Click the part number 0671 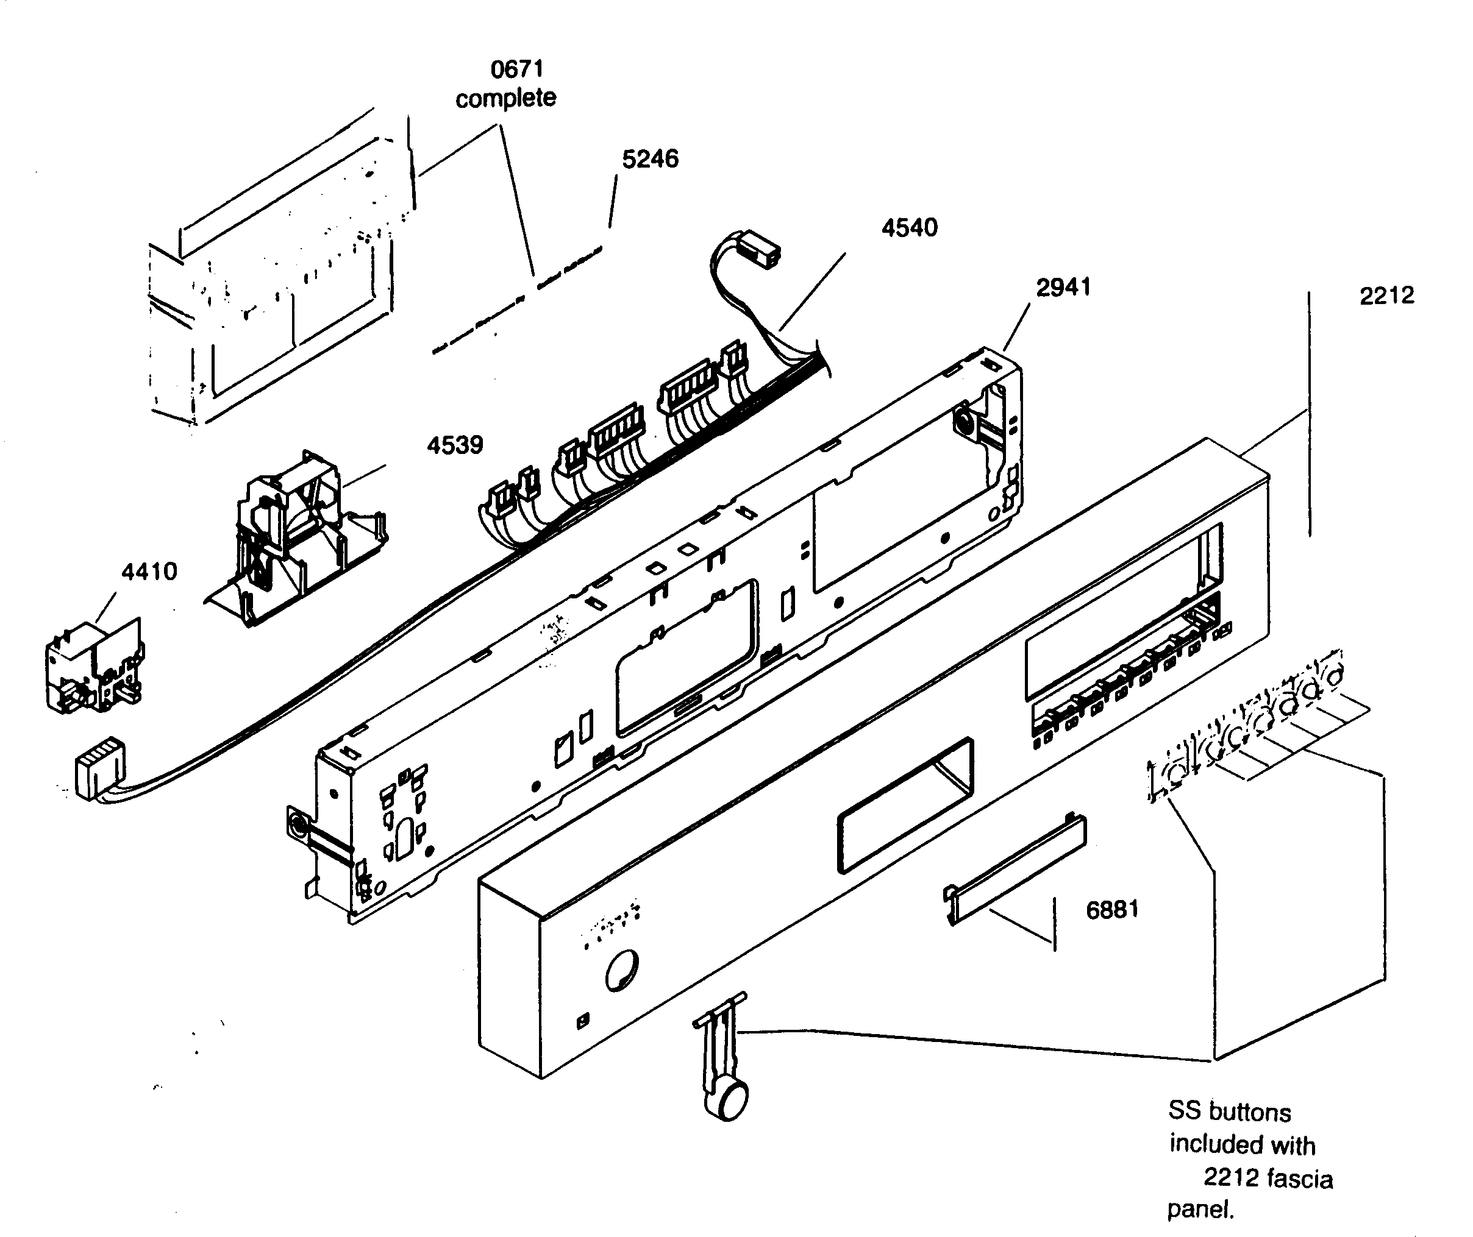[517, 69]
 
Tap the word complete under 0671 [505, 98]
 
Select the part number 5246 [650, 159]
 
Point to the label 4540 [909, 228]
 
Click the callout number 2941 [1063, 288]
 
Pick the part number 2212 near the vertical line [1386, 296]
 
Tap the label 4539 [455, 445]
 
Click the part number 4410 [149, 572]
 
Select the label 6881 [1112, 910]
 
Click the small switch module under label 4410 [95, 666]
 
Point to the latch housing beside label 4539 [294, 540]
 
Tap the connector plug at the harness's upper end [761, 249]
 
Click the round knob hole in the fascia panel [621, 971]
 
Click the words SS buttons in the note [1229, 1112]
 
